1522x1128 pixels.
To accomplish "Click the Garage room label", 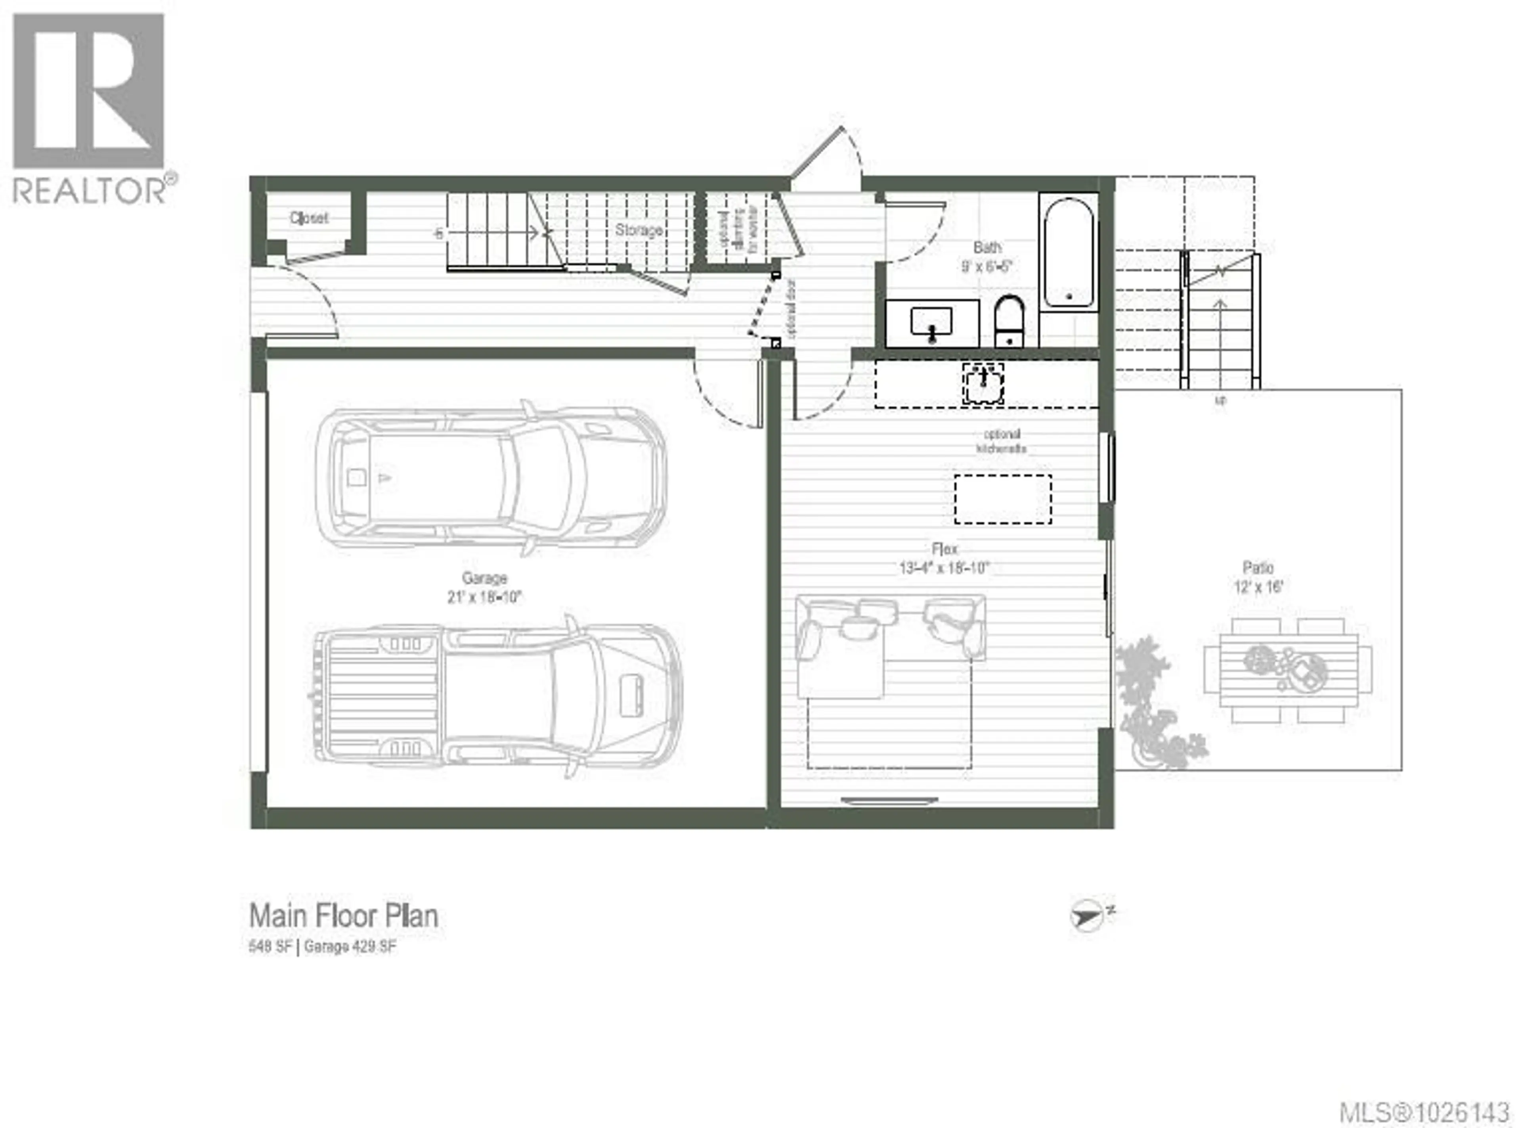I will pyautogui.click(x=484, y=578).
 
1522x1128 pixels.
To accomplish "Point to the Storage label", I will pyautogui.click(x=639, y=230).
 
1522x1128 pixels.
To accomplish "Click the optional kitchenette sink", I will pyautogui.click(x=983, y=382).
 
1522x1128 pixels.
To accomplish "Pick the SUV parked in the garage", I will pyautogui.click(x=490, y=478).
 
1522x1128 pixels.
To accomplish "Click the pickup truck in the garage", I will pyautogui.click(x=497, y=697).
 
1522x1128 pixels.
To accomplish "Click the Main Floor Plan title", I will pyautogui.click(x=343, y=915).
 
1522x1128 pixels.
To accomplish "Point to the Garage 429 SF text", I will pyautogui.click(x=350, y=947).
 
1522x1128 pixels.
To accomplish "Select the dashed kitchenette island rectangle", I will pyautogui.click(x=1002, y=499).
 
